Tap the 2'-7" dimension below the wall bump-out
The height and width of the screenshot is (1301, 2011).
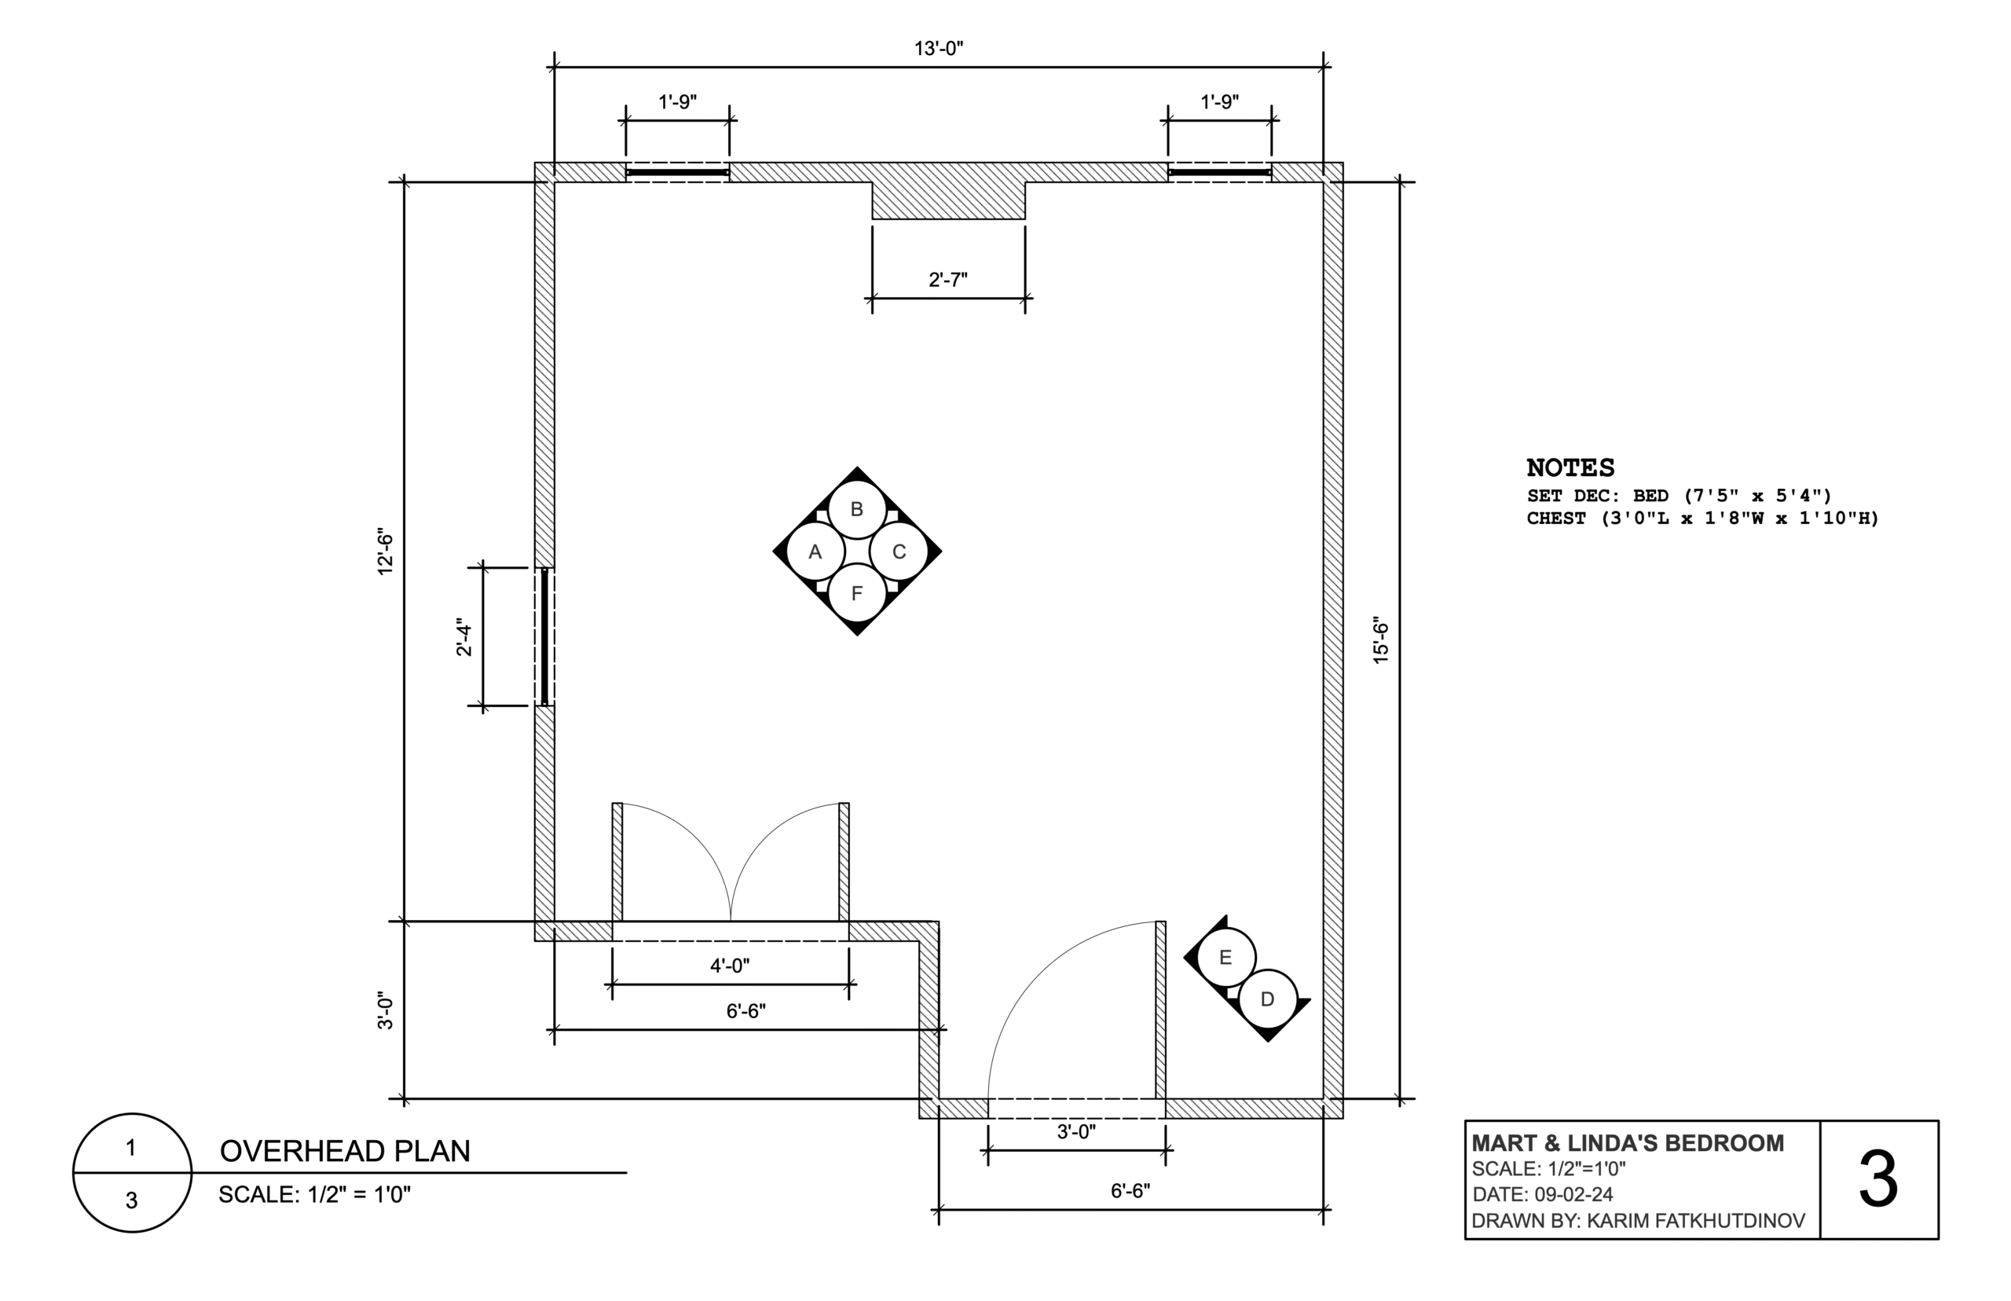[x=947, y=280]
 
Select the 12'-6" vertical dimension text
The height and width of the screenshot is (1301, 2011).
[x=386, y=552]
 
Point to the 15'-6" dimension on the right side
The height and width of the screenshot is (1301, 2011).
[x=1380, y=640]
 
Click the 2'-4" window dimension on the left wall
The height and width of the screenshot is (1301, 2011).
[x=464, y=637]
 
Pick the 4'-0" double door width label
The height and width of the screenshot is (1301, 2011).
[x=729, y=965]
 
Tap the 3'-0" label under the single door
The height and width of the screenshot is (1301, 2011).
[x=1075, y=1131]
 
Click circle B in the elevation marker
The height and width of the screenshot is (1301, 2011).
[x=855, y=509]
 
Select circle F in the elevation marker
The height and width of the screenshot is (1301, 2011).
[x=855, y=593]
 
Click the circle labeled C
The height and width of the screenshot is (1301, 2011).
[x=898, y=552]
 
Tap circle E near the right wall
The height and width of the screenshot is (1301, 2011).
[x=1225, y=957]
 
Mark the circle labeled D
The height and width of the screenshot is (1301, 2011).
[x=1266, y=999]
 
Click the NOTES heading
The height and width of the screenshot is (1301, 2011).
[x=1570, y=468]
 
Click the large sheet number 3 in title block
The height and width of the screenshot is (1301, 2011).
[x=1877, y=1180]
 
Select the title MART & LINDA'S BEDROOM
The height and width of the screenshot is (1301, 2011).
[x=1627, y=1143]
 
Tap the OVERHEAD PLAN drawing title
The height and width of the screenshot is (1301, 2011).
[x=345, y=1151]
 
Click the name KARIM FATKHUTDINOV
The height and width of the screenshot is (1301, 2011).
[x=1695, y=1221]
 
